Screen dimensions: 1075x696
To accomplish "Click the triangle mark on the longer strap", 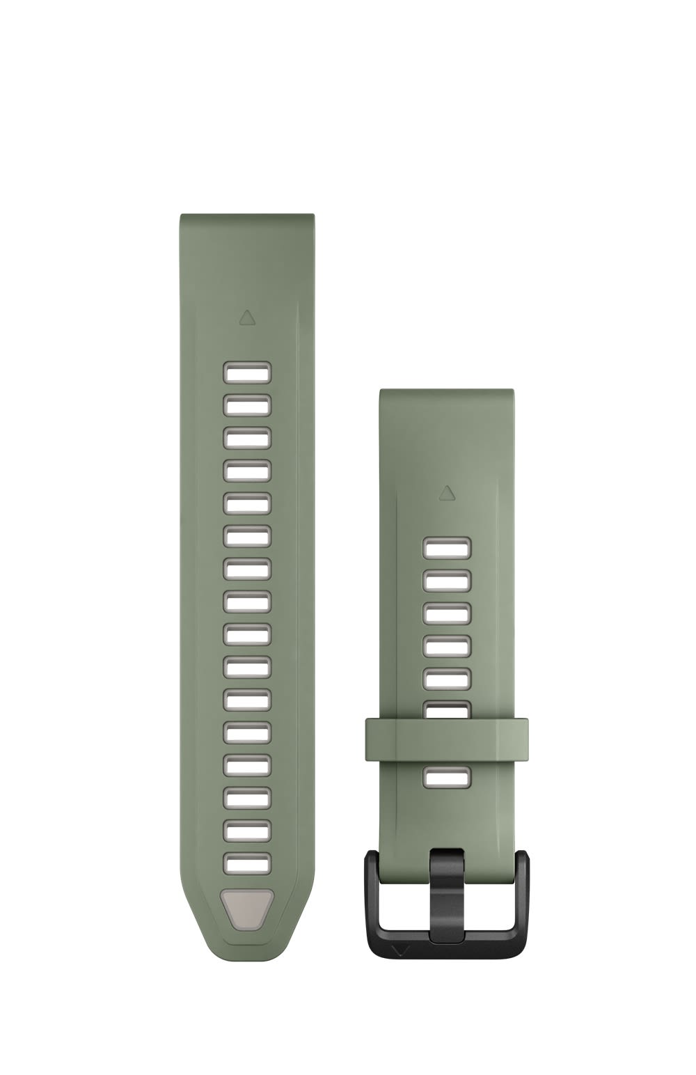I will click(x=246, y=318).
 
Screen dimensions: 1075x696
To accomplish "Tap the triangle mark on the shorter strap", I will click(x=446, y=494).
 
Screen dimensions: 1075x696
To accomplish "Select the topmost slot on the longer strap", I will click(x=247, y=372).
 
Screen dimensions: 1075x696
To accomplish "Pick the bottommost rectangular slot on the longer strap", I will click(x=247, y=863).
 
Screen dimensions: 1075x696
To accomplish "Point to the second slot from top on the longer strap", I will click(x=247, y=405).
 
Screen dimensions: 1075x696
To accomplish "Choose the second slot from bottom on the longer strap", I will click(x=247, y=830).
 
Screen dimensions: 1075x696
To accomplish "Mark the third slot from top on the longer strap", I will click(x=247, y=437).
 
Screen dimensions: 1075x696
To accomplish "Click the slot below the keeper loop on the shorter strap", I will click(x=447, y=777).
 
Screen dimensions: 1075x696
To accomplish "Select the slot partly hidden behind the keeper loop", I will click(x=447, y=709).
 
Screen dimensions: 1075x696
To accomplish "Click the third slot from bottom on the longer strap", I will click(x=247, y=797).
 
